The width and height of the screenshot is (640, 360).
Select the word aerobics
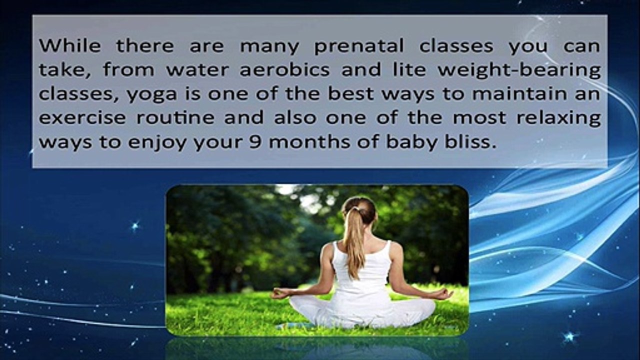284,69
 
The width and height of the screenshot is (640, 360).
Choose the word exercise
82,117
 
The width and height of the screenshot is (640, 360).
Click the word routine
175,117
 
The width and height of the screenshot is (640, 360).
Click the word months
309,141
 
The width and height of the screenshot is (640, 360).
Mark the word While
70,45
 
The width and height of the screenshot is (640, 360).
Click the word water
197,70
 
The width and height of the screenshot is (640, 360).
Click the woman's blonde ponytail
354,243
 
